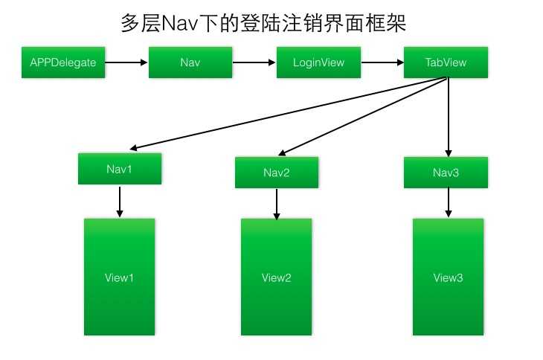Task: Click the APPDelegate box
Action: pyautogui.click(x=63, y=62)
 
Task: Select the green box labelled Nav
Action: pyautogui.click(x=190, y=62)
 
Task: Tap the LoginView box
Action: pyautogui.click(x=318, y=62)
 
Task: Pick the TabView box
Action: pyautogui.click(x=446, y=62)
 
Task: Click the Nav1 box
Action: pyautogui.click(x=120, y=169)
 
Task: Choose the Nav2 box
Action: pyautogui.click(x=277, y=173)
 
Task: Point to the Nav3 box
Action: pyautogui.click(x=446, y=173)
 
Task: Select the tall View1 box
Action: pyautogui.click(x=120, y=277)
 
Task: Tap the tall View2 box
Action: pyautogui.click(x=277, y=277)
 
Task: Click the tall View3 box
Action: pyautogui.click(x=449, y=277)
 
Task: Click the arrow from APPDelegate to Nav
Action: pyautogui.click(x=126, y=62)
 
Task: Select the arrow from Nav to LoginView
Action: pyautogui.click(x=254, y=62)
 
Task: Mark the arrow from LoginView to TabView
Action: pyautogui.click(x=382, y=62)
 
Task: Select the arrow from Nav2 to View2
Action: pyautogui.click(x=277, y=204)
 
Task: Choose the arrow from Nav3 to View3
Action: pyautogui.click(x=448, y=202)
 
